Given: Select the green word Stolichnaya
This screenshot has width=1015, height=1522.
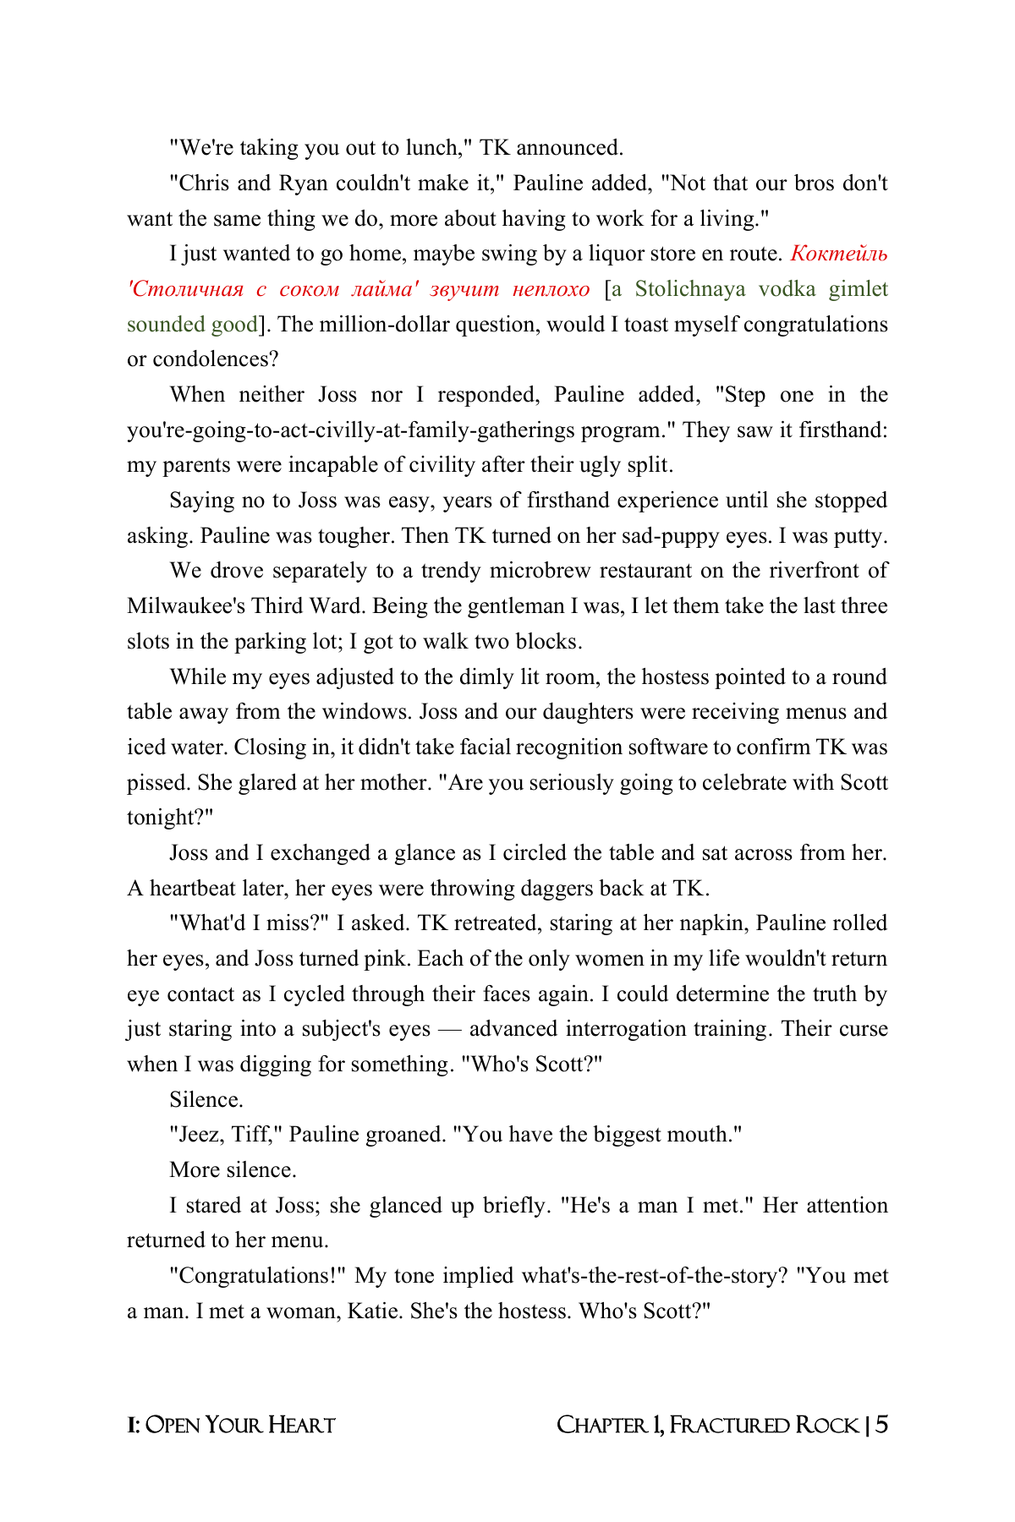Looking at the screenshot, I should point(690,289).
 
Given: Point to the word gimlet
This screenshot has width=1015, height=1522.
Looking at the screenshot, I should point(858,289).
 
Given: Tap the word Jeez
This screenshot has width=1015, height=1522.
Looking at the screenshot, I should point(196,1135).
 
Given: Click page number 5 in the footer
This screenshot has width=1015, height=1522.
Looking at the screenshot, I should point(881,1426).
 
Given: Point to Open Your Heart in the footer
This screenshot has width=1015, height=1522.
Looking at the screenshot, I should point(240,1426).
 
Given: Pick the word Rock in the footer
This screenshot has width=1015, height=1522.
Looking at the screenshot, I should point(826,1426).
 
